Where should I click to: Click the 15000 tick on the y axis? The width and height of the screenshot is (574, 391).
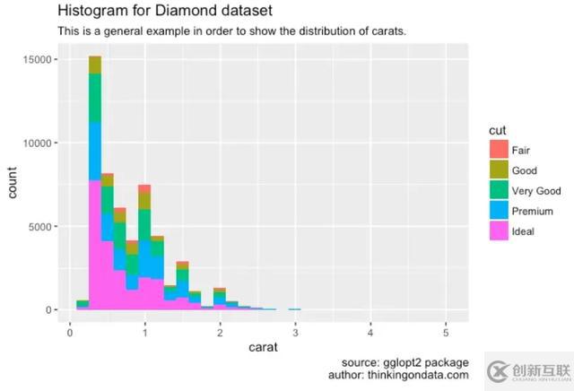click(42, 60)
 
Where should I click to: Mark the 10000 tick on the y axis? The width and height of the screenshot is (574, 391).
click(42, 143)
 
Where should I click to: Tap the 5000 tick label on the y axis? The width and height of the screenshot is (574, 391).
click(45, 227)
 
